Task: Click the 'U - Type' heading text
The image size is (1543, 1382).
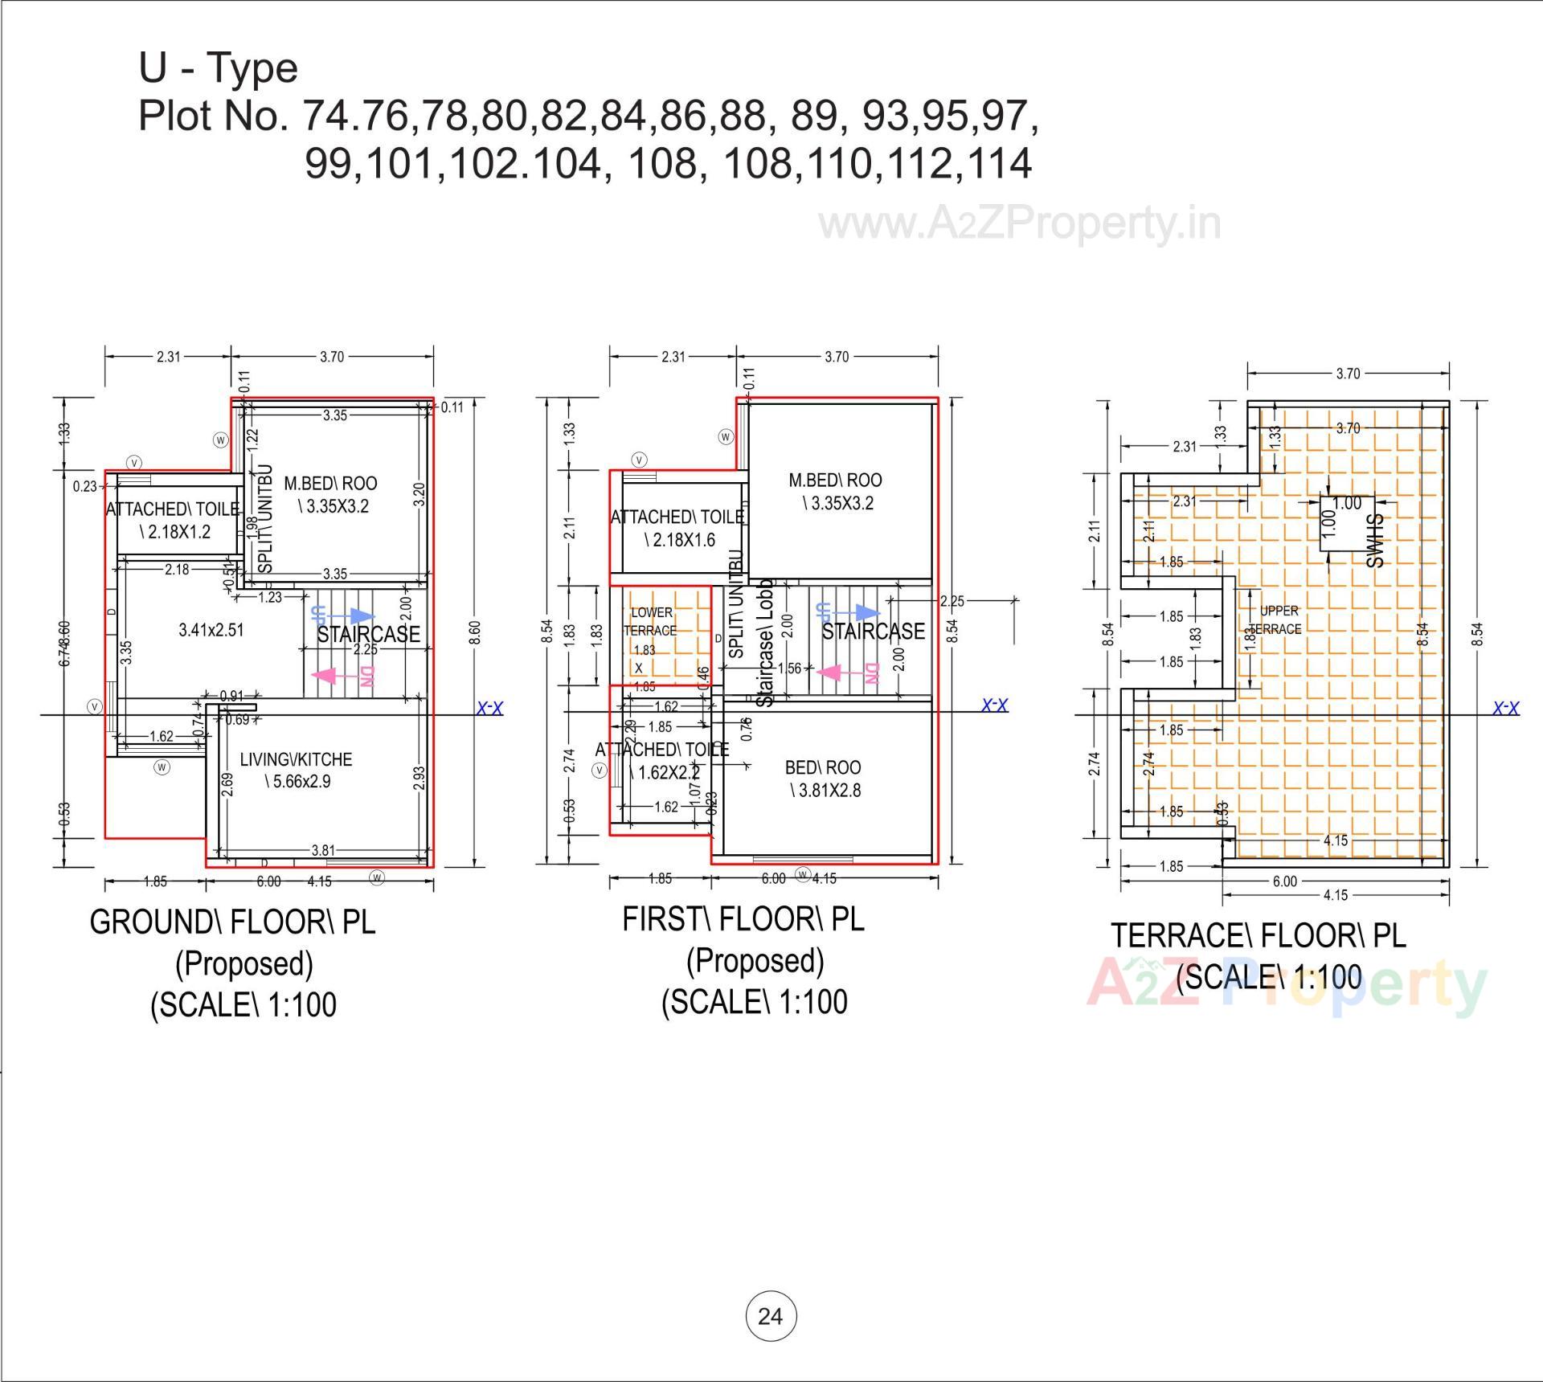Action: (x=218, y=68)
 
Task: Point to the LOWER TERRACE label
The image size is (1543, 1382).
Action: (x=651, y=621)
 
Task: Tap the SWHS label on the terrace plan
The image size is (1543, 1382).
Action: (x=1375, y=541)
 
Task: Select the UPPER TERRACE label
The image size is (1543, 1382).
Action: (x=1278, y=619)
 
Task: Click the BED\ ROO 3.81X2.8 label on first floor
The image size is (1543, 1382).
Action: (x=824, y=779)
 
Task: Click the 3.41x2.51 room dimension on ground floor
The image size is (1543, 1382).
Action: (x=211, y=630)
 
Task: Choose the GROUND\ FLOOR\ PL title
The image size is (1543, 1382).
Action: (x=232, y=922)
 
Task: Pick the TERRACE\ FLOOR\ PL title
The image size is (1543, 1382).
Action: (x=1259, y=936)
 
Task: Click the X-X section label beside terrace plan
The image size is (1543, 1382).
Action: (x=1505, y=709)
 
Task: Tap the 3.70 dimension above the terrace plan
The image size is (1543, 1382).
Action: (x=1348, y=374)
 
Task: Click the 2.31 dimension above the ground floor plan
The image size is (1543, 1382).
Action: (x=168, y=357)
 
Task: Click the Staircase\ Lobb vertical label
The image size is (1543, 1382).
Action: (x=765, y=643)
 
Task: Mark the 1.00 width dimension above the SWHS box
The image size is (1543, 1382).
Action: (x=1347, y=503)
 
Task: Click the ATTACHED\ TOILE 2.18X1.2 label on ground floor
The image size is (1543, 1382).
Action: (x=173, y=520)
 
